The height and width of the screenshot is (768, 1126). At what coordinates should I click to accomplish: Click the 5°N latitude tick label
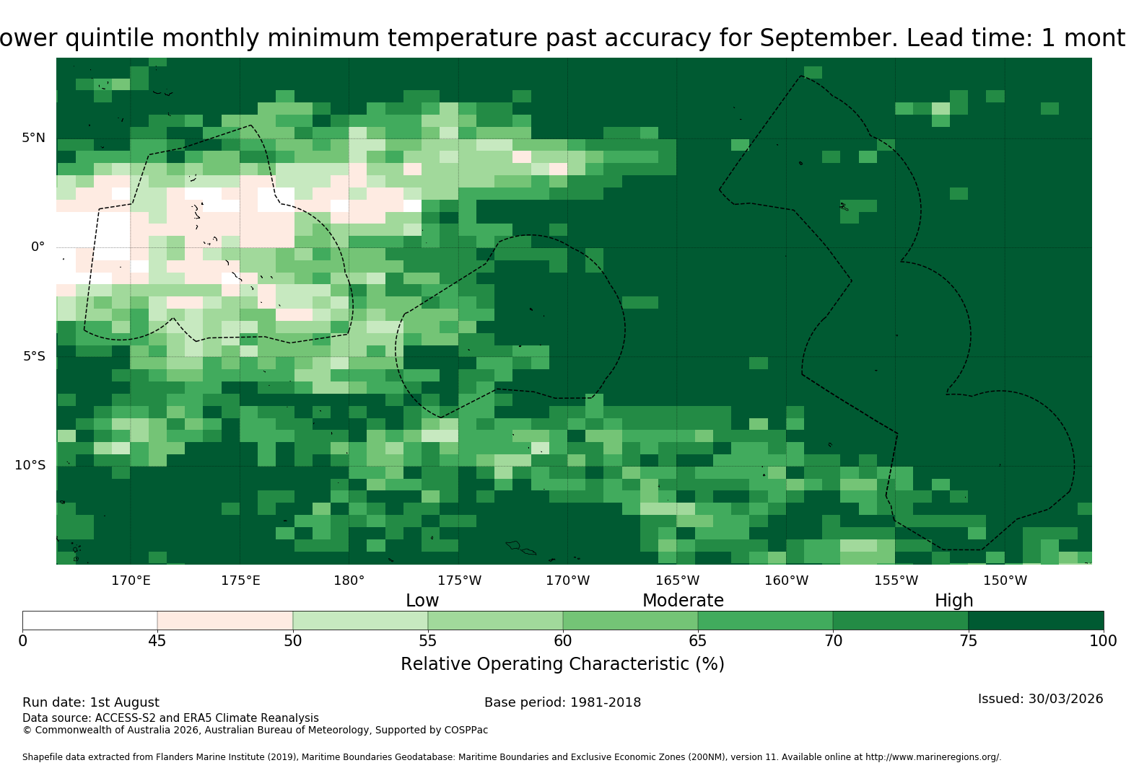[x=34, y=138]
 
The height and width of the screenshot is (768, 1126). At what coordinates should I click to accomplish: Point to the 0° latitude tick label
[x=38, y=247]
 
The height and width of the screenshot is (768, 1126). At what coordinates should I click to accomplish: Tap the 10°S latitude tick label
[x=30, y=465]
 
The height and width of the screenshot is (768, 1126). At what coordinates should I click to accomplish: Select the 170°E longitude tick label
[x=131, y=581]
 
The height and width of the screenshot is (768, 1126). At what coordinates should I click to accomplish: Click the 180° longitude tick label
[x=349, y=581]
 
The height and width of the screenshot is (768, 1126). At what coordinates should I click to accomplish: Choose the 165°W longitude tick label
[x=677, y=581]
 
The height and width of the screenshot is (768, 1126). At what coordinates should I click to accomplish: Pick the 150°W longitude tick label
[x=1005, y=581]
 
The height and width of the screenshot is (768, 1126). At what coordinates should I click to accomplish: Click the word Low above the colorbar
[x=422, y=600]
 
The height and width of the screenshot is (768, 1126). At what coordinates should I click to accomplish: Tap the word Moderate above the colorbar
[x=683, y=600]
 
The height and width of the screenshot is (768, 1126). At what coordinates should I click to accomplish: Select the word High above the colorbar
[x=953, y=600]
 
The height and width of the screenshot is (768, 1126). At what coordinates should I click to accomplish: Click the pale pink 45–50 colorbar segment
[x=225, y=620]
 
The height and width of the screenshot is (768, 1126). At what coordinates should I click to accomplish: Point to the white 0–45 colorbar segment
[x=90, y=620]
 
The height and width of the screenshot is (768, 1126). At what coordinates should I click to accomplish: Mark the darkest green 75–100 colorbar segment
[x=1036, y=620]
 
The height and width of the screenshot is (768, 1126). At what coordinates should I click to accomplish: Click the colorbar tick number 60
[x=563, y=641]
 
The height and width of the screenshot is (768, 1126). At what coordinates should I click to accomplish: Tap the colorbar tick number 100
[x=1104, y=641]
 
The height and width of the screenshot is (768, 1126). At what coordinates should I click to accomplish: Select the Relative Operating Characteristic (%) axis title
[x=562, y=664]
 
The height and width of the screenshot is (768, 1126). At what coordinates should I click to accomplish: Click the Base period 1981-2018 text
[x=562, y=702]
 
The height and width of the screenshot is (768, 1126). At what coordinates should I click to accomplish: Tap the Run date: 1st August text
[x=91, y=702]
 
